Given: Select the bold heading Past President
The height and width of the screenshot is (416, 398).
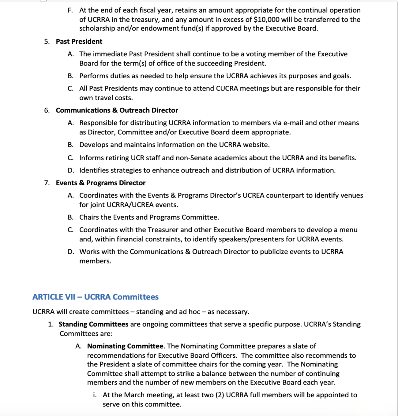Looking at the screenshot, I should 79,42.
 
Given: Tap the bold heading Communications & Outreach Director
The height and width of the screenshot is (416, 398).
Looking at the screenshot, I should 117,110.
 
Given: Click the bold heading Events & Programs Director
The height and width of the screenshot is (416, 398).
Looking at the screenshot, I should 100,183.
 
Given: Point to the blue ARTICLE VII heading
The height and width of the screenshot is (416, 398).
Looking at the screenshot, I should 95,297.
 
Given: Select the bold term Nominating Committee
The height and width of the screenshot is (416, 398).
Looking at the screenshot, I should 125,346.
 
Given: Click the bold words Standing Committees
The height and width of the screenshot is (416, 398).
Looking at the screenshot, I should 93,324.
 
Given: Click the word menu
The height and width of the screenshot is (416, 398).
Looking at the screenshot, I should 348,230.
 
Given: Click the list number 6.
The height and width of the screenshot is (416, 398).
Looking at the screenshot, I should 47,110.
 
